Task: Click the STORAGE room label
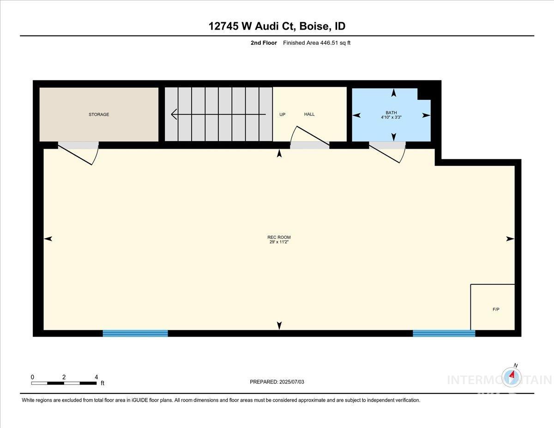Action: pos(99,115)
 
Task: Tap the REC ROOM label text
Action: pos(279,237)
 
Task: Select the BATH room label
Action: pos(391,113)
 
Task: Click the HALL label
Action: pos(309,114)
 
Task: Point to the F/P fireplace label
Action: pos(496,309)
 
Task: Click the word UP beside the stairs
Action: pos(282,115)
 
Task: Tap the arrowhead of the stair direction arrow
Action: pos(174,114)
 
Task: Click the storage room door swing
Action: pos(78,154)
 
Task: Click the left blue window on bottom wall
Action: pos(135,333)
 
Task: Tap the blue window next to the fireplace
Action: pos(444,333)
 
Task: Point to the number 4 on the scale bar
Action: pos(96,377)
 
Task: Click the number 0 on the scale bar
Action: pos(32,377)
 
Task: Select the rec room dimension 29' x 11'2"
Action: pos(279,242)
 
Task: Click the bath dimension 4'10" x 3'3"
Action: pos(391,117)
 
